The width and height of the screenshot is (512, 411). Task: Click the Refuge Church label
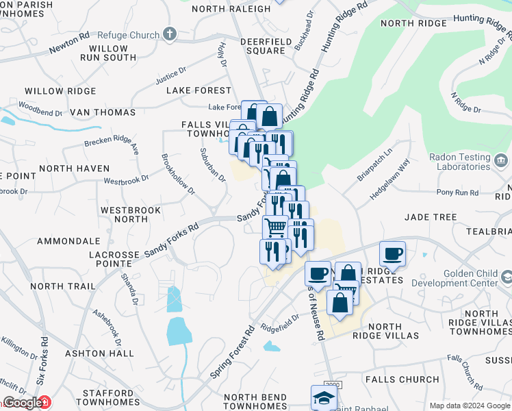(x=127, y=35)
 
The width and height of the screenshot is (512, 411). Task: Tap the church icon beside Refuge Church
(x=170, y=34)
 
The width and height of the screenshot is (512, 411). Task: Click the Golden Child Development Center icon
(x=507, y=277)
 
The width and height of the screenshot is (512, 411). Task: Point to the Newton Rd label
(x=69, y=46)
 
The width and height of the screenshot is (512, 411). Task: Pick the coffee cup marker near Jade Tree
(x=392, y=254)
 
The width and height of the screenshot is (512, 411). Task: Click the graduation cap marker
(x=324, y=397)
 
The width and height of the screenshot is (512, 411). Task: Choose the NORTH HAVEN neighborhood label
(x=74, y=169)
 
